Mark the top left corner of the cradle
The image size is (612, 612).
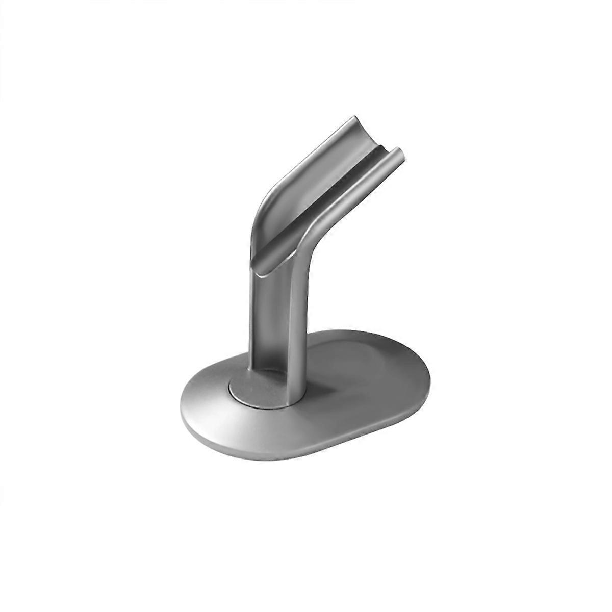tap(352, 120)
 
